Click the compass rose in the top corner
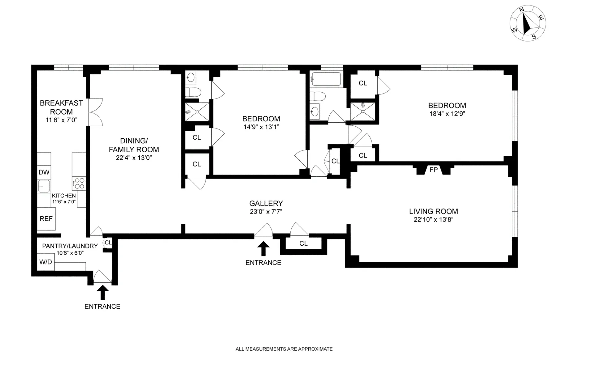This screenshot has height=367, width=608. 528,24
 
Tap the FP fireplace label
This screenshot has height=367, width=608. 433,170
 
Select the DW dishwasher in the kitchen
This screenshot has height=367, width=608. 44,172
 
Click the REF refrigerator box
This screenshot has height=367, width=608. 46,219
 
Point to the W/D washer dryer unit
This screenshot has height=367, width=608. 46,262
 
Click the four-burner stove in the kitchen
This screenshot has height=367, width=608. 79,183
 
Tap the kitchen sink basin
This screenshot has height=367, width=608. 44,186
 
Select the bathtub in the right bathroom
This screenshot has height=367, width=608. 326,79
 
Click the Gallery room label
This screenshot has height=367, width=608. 266,203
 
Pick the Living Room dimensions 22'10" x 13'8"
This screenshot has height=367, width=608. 433,220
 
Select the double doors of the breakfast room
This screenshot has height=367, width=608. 95,112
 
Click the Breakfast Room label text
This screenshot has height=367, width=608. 61,107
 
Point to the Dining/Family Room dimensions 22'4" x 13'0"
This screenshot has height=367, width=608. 133,158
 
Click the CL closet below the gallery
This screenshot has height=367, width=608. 303,244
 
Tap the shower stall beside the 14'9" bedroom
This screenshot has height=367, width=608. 197,112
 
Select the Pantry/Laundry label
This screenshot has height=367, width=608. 70,246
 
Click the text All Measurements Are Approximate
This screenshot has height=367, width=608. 284,349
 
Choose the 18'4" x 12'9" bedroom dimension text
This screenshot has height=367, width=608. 447,114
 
